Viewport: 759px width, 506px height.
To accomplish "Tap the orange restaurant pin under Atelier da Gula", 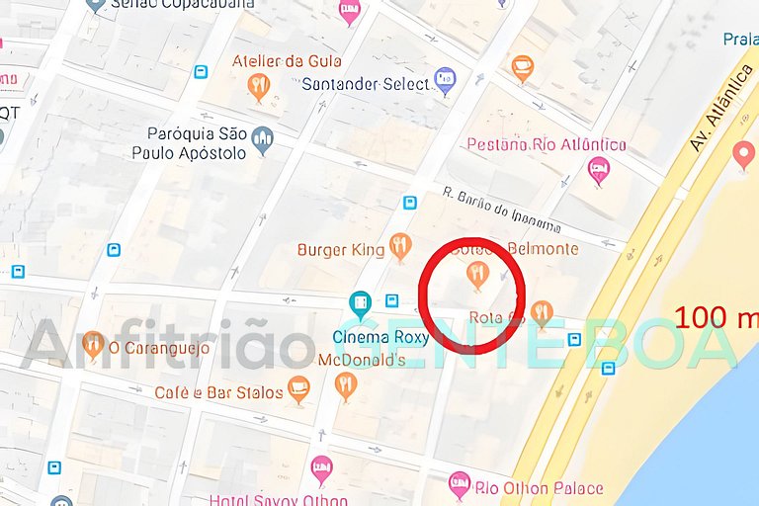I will [259, 88].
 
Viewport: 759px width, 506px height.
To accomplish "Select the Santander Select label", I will [366, 84].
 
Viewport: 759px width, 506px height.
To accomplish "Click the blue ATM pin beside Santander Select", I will [446, 81].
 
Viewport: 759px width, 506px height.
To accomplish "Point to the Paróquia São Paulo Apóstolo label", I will [189, 143].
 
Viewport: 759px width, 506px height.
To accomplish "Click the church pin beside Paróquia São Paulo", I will [262, 141].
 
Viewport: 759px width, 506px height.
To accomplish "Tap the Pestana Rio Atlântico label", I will [546, 145].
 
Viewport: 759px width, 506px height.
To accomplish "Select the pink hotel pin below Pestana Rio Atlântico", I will [598, 171].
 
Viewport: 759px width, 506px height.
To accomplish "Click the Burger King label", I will [341, 250].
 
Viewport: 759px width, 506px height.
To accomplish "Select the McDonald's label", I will [362, 361].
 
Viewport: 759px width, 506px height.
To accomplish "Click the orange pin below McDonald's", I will [345, 384].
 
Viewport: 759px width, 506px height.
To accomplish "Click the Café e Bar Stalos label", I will [218, 393].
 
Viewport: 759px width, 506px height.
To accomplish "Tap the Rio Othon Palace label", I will [539, 488].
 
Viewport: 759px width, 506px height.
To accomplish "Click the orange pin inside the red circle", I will [478, 274].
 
